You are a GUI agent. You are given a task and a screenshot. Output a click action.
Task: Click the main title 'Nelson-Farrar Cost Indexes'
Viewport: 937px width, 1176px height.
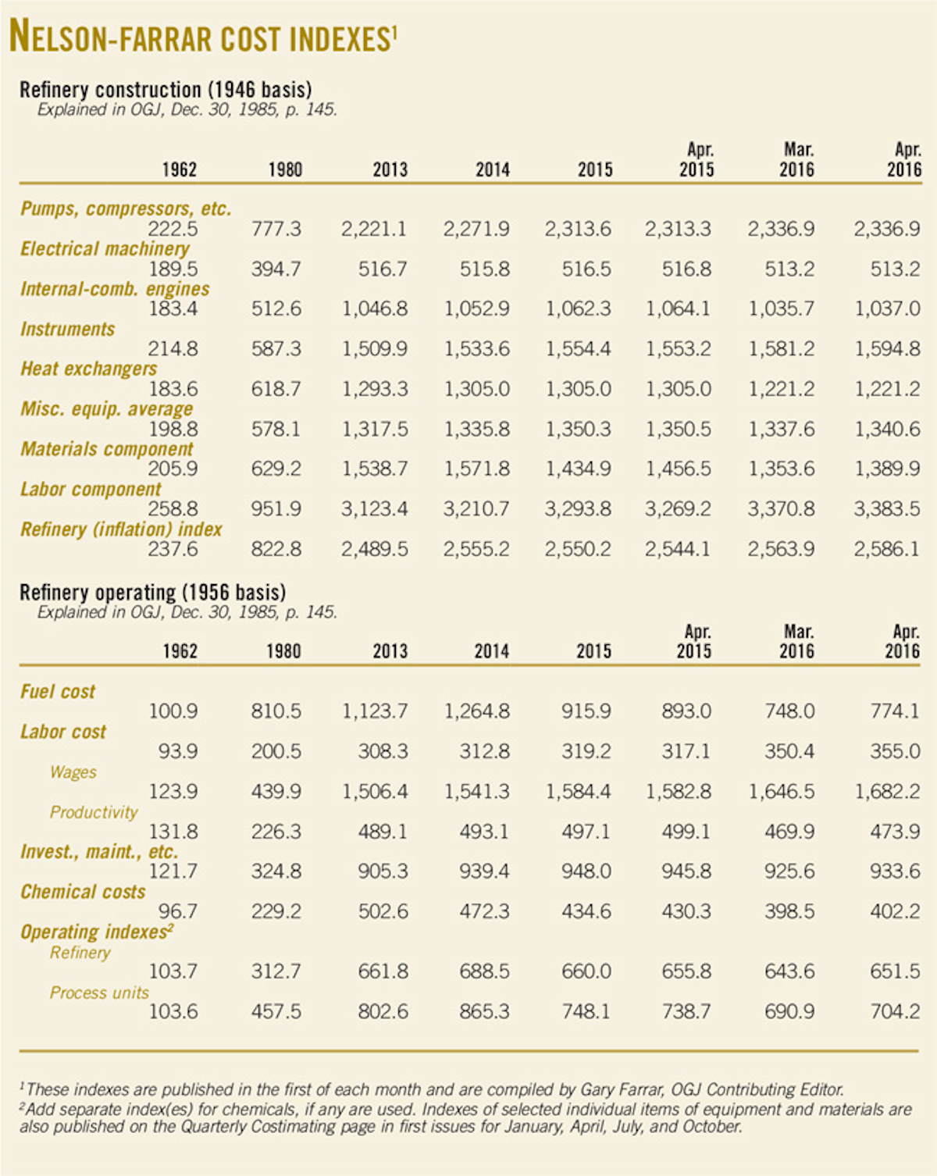203,37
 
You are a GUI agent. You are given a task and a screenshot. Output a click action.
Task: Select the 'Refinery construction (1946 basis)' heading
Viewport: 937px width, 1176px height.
166,90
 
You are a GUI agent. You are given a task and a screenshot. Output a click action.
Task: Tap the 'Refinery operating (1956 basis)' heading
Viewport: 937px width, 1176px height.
152,593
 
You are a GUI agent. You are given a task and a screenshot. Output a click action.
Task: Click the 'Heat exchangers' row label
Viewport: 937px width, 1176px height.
88,369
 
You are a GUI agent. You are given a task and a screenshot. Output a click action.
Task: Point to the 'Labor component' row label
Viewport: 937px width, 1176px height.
91,490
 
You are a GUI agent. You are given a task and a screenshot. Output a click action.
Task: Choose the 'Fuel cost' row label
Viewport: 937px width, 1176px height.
58,692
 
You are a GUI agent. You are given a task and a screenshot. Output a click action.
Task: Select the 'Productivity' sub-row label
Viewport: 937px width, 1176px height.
94,812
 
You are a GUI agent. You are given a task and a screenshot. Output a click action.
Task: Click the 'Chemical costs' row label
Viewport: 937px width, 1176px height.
83,892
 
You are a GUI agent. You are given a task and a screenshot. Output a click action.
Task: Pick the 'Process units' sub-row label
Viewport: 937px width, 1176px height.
99,992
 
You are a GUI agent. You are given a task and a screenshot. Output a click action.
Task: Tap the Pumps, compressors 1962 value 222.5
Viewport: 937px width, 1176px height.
173,229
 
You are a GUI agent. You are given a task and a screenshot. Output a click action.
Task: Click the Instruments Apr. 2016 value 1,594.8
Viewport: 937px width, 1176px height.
887,349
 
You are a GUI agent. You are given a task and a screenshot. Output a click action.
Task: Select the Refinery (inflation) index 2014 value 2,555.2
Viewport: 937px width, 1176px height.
476,549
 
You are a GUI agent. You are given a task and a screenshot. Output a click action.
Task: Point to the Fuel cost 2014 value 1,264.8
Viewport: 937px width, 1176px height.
476,711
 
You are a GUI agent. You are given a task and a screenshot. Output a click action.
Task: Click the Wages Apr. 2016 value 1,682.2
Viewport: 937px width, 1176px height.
887,792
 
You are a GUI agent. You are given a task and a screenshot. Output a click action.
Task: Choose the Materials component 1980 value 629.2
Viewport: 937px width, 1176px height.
276,469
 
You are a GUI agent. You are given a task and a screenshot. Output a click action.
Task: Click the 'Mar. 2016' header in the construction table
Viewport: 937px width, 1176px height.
796,160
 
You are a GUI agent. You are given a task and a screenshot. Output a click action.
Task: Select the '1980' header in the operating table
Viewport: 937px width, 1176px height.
283,651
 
